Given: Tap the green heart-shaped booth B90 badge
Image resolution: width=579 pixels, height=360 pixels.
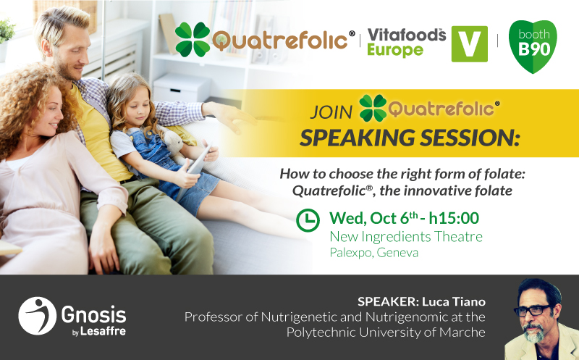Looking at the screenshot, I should coord(533,45).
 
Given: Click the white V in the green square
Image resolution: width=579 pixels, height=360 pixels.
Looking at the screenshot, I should coord(469,44).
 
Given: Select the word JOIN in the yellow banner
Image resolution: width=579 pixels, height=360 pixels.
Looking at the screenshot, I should coord(331,112).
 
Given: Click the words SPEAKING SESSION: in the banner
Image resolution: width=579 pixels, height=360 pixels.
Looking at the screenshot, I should coord(409,138).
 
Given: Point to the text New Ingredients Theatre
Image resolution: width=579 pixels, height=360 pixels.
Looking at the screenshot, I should coord(406,237).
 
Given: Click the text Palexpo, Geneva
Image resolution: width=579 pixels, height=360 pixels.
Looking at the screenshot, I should coord(373,253).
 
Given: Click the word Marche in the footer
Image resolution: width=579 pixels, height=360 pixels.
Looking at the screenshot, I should coord(462,332).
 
